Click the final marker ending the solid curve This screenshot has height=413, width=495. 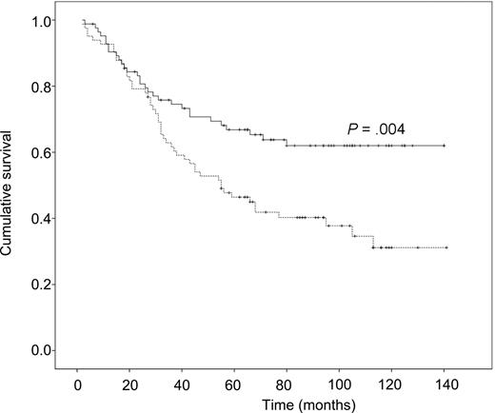click(x=445, y=146)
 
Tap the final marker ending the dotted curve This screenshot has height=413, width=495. click(x=445, y=247)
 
